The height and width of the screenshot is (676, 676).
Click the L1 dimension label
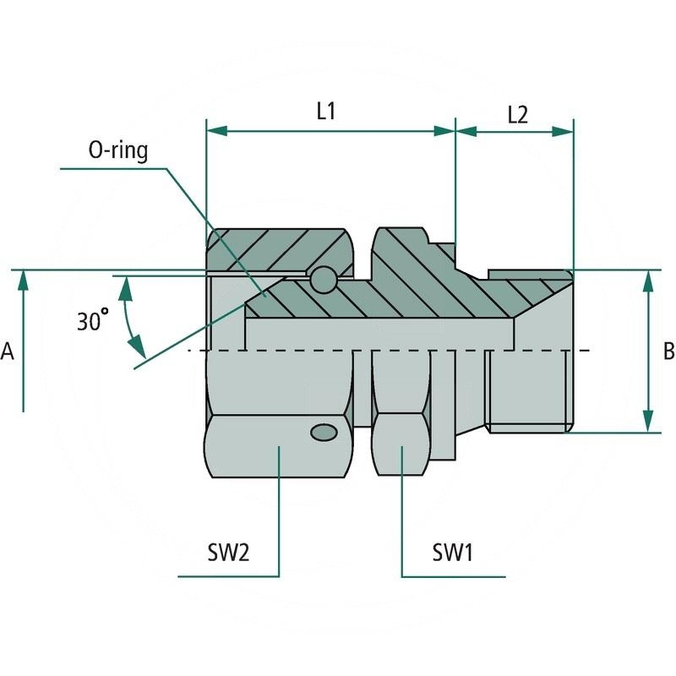tap(326, 111)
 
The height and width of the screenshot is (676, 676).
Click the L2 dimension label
tap(517, 114)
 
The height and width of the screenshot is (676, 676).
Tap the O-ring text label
tap(117, 151)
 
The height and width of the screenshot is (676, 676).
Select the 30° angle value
tap(93, 321)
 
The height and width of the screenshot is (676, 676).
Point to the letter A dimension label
tap(8, 352)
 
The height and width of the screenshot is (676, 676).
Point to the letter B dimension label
tap(668, 352)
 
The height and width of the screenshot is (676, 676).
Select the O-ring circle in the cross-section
tap(322, 279)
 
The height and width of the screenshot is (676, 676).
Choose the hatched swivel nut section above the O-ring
tap(279, 248)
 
